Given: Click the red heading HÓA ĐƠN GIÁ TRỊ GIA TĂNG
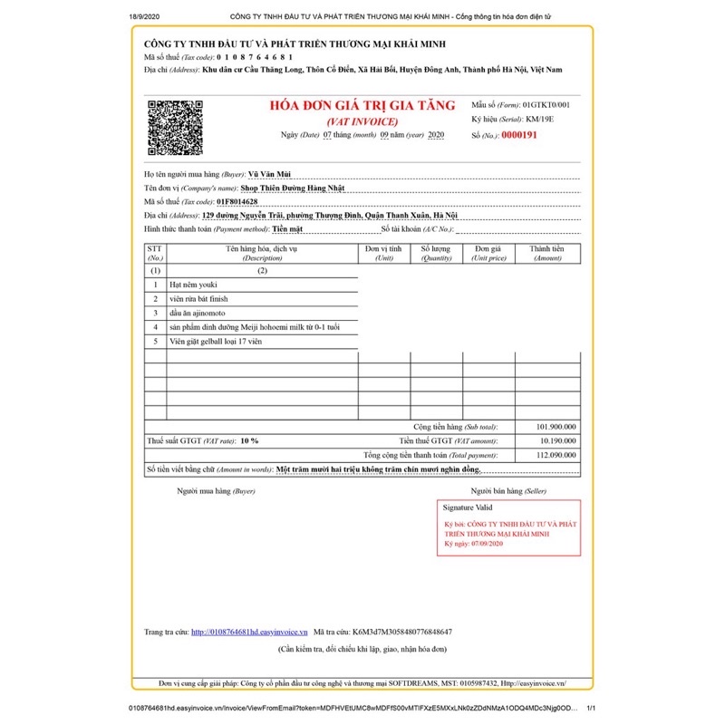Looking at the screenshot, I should [x=362, y=105].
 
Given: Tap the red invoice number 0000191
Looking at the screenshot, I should [x=519, y=135].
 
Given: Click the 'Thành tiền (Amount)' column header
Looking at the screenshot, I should [x=547, y=253].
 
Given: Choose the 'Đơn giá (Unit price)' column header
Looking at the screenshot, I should [x=488, y=253].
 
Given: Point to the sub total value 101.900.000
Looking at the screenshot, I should [x=556, y=426].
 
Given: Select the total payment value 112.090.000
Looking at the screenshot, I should [x=556, y=455].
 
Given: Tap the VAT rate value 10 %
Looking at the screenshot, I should [x=249, y=440].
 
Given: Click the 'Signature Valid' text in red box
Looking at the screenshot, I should [x=467, y=508].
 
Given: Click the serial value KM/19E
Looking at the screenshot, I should [x=541, y=120].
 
